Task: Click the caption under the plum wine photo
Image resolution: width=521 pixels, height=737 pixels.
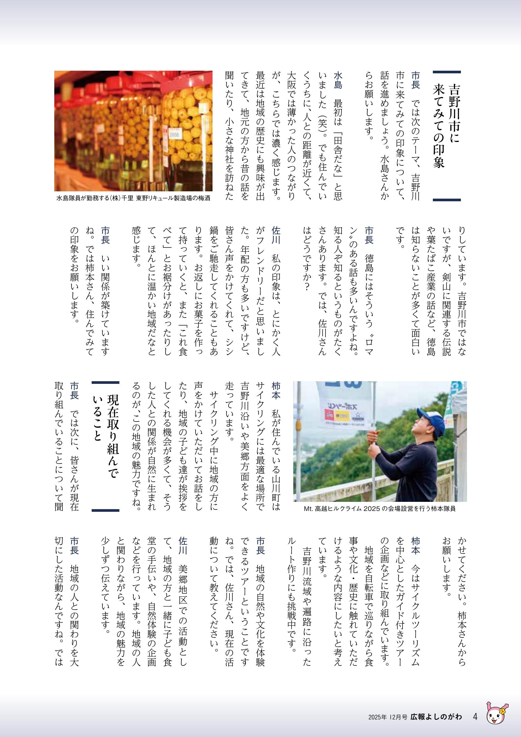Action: point(133,198)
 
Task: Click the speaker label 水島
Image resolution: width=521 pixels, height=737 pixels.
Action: point(337,80)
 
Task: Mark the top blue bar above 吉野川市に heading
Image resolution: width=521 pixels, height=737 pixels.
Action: point(447,72)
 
